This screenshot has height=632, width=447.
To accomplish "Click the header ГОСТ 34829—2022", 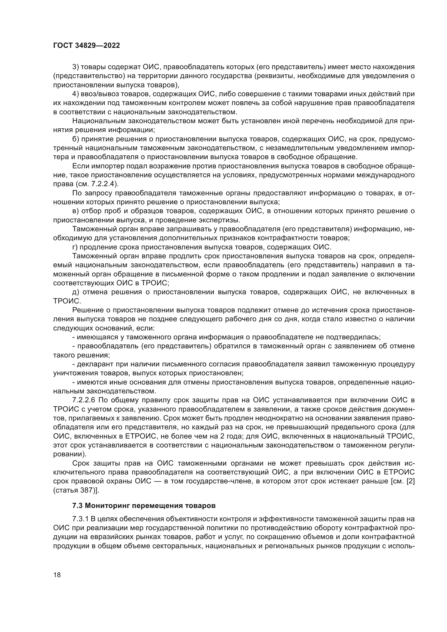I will (x=86, y=46).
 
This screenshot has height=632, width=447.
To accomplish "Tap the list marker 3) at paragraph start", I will (x=75, y=67).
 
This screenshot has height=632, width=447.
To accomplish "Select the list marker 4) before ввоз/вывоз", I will (x=75, y=94).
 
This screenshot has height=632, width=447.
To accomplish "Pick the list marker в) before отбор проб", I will (x=75, y=211).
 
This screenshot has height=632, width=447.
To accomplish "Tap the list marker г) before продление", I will (x=75, y=247).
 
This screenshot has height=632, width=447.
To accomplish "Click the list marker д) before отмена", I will (x=75, y=292).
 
